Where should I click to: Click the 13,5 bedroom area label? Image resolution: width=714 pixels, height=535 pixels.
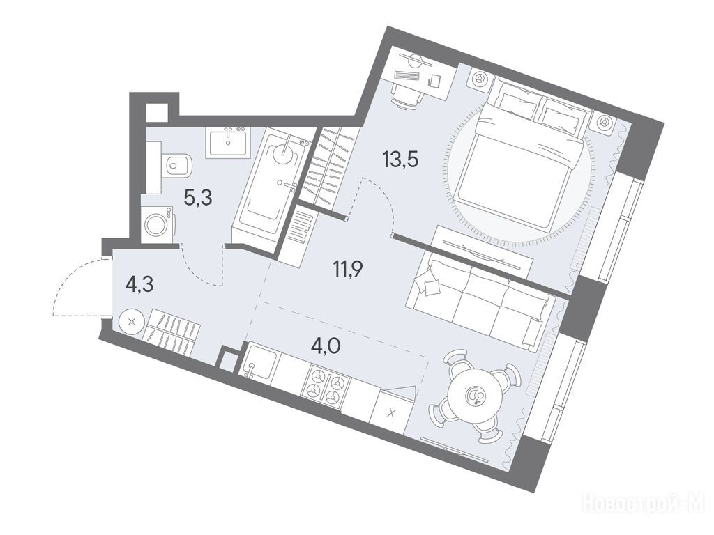coord(401,161)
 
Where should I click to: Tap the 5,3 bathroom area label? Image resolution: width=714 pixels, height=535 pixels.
coord(198,199)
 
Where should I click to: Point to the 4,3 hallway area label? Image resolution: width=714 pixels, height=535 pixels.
coord(139,285)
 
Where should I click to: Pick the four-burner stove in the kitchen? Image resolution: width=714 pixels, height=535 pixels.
coord(325,385)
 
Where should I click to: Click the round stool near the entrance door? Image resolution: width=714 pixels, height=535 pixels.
coord(132,322)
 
